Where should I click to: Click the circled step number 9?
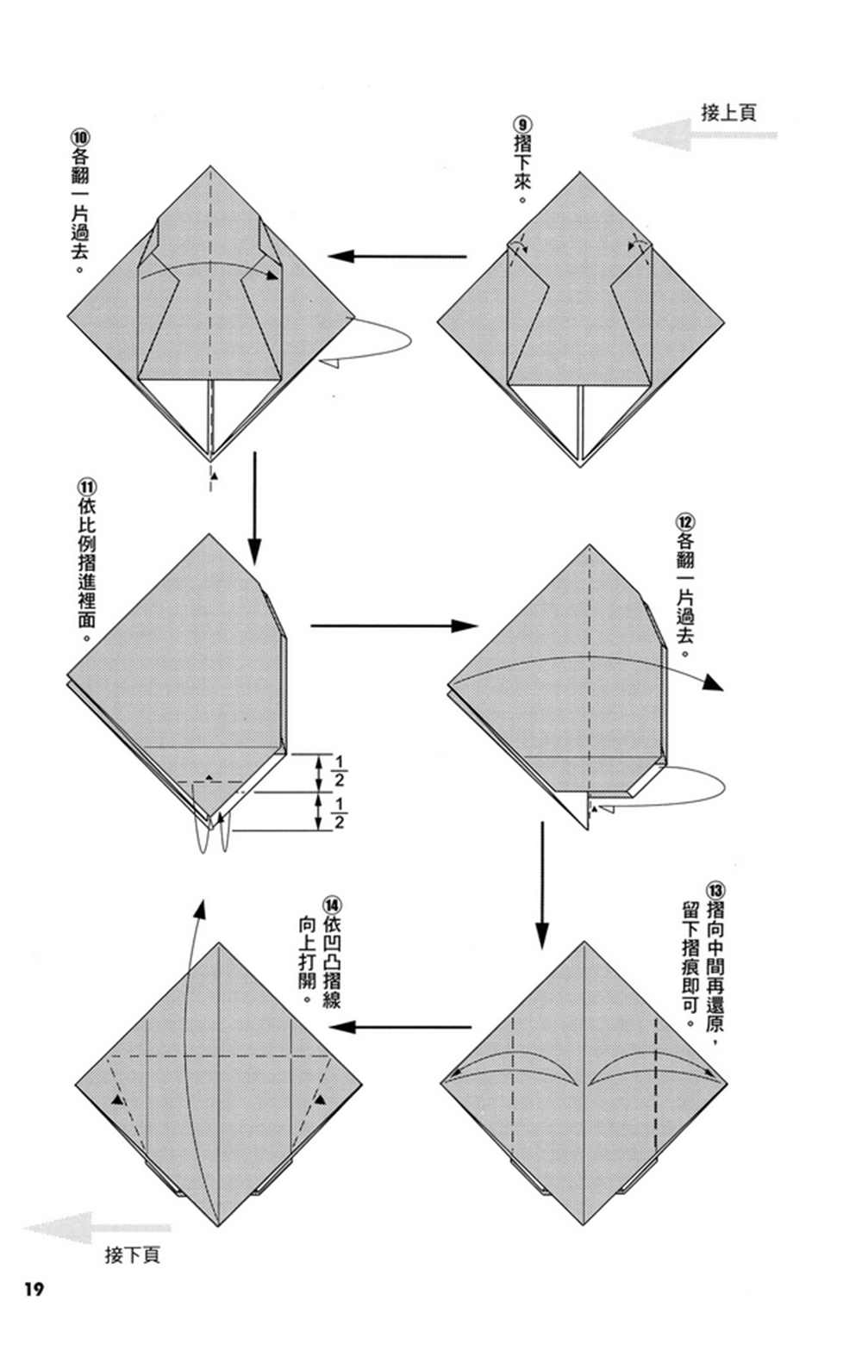522,125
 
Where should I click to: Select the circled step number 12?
686,521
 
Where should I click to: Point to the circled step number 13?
715,890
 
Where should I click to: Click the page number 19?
34,1306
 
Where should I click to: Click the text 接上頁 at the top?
728,112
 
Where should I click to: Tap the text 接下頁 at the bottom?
132,1254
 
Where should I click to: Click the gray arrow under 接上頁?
704,134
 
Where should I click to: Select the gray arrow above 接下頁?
97,1227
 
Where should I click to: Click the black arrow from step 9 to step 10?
397,256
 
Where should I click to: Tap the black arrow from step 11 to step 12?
394,625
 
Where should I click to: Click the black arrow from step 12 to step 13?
541,886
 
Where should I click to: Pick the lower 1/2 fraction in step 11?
339,813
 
